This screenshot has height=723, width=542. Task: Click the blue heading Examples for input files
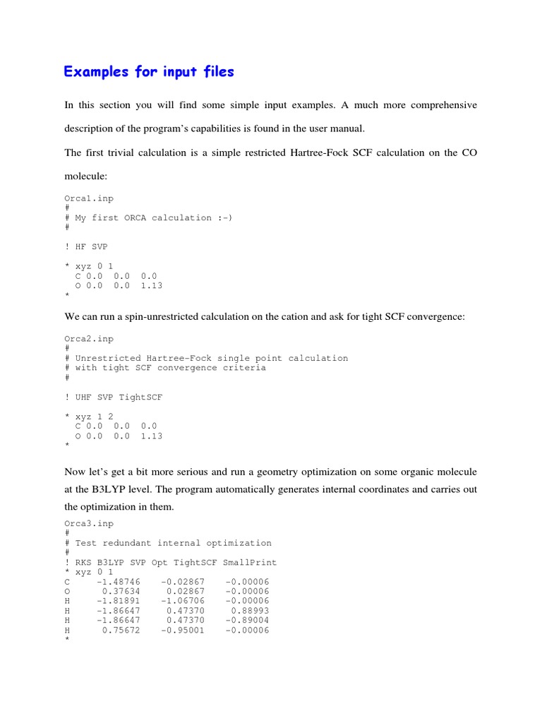point(148,71)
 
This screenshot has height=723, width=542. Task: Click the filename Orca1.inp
point(89,198)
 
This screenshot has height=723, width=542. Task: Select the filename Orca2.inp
point(89,338)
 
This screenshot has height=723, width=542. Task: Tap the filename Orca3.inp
point(89,523)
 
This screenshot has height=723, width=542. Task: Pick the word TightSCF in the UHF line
point(140,397)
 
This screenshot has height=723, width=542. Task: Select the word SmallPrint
point(250,562)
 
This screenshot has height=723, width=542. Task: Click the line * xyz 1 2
point(89,417)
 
